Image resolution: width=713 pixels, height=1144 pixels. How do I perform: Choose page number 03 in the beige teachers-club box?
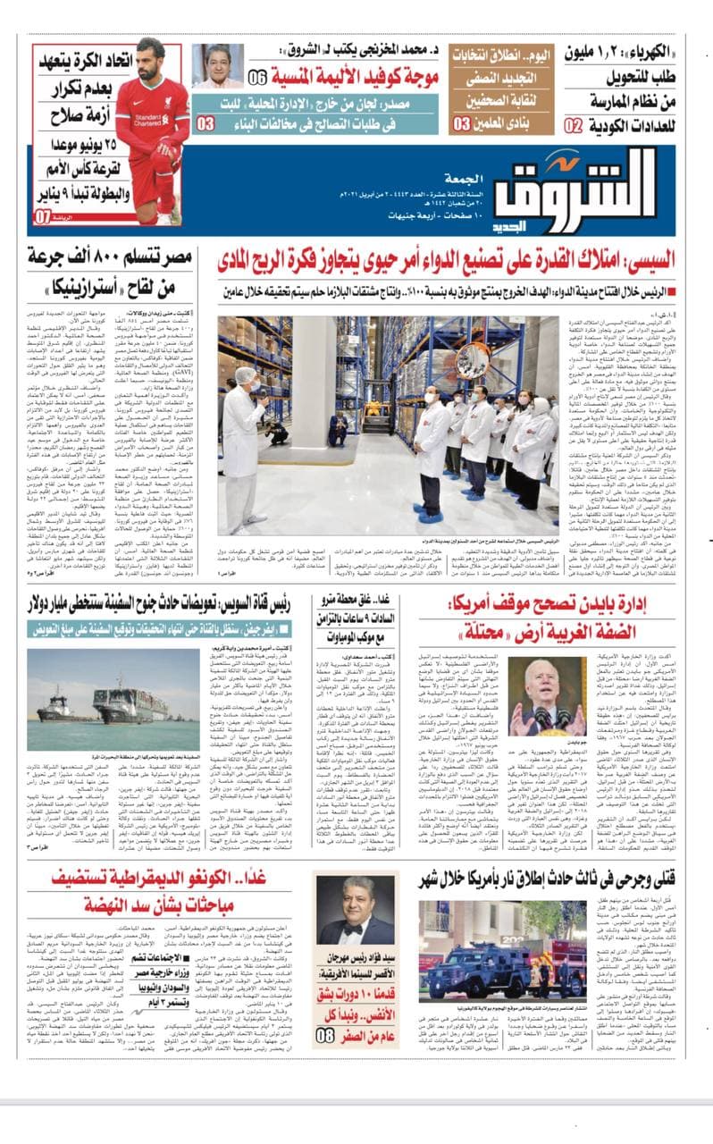click(x=461, y=123)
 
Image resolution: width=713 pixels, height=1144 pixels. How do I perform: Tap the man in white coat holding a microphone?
click(x=243, y=420)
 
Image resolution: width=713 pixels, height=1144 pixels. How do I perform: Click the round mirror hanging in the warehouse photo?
click(x=472, y=359)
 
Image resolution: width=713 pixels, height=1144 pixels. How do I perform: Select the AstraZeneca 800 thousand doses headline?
click(x=112, y=273)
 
